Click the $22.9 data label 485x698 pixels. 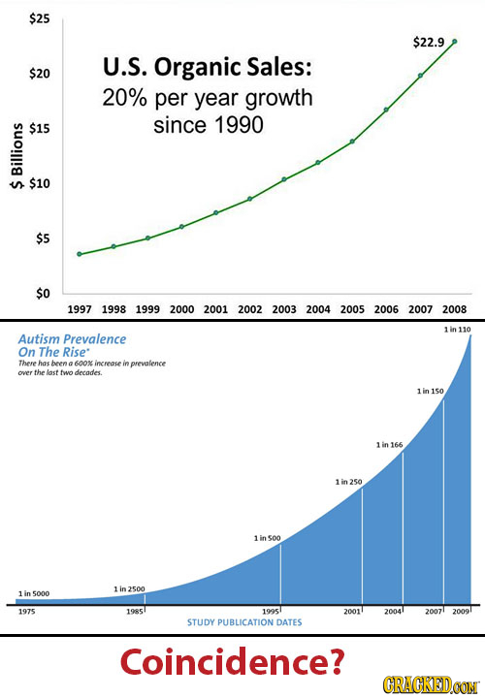[428, 42]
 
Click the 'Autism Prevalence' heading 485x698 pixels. [72, 339]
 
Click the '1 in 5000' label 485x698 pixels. [34, 593]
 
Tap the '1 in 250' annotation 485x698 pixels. [347, 482]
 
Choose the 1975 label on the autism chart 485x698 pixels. [28, 612]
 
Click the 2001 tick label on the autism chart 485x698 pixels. [350, 612]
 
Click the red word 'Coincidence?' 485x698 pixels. [232, 661]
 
